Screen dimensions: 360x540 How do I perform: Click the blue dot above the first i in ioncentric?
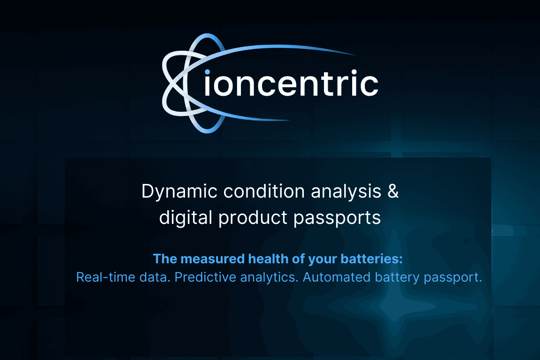tap(207, 71)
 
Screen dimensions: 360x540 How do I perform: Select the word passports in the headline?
tap(337, 218)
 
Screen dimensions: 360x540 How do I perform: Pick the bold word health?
tap(266, 259)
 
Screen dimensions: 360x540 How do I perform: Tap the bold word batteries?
tap(376, 259)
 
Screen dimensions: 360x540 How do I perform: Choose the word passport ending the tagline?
tap(453, 278)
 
